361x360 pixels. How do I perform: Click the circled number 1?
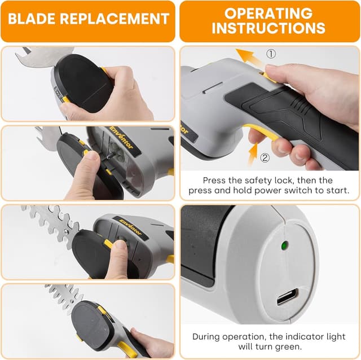coord(271,54)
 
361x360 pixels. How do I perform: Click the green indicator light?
coord(285,245)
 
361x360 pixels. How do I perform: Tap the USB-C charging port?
coord(288,297)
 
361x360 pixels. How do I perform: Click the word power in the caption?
coord(266,191)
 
